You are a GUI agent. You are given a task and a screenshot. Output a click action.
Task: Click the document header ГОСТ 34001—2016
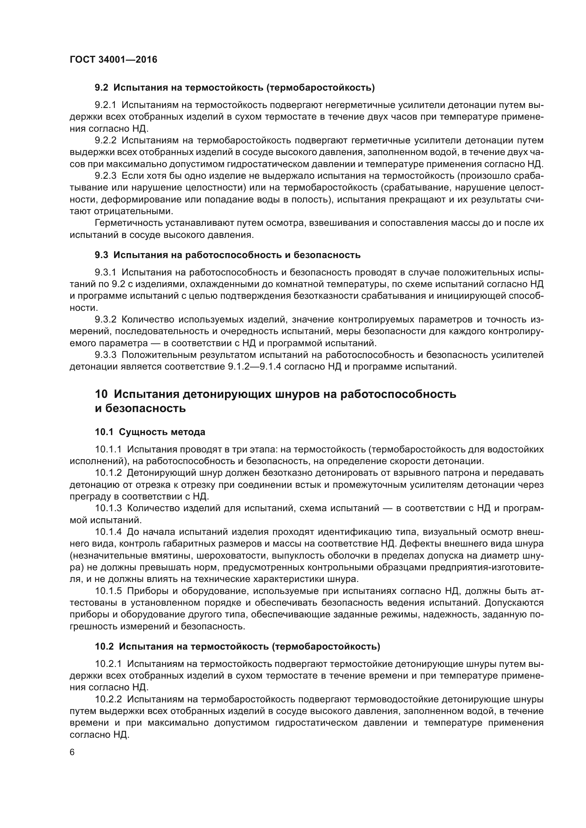[113, 59]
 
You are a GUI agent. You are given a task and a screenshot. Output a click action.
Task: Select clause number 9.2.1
[105, 105]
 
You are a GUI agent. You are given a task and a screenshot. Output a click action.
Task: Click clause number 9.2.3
[105, 176]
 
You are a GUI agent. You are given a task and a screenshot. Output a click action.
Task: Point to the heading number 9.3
[101, 255]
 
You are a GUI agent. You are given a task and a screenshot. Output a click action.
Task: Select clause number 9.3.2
[105, 320]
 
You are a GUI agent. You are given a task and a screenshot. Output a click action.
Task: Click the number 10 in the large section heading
[101, 394]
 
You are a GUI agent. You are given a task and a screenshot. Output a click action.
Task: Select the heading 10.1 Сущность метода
[150, 432]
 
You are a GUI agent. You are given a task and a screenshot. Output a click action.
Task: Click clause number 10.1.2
[108, 473]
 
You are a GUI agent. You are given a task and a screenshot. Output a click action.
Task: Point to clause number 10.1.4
[108, 532]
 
